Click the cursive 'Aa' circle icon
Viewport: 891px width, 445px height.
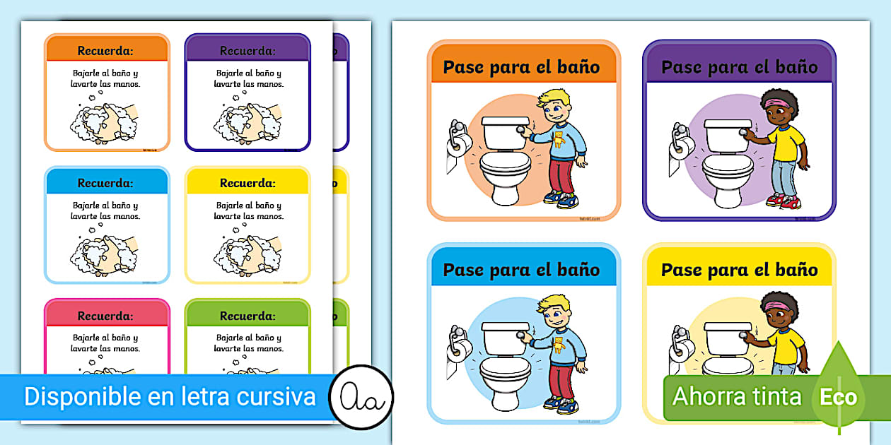(361, 397)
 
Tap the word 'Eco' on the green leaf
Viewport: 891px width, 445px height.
(838, 397)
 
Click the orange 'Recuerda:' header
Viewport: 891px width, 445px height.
(106, 50)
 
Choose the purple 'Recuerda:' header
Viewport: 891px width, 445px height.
(248, 50)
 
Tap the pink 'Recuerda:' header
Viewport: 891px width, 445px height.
(106, 316)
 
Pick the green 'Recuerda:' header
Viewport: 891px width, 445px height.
(248, 316)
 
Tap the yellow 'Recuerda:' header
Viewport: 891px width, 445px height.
(248, 183)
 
